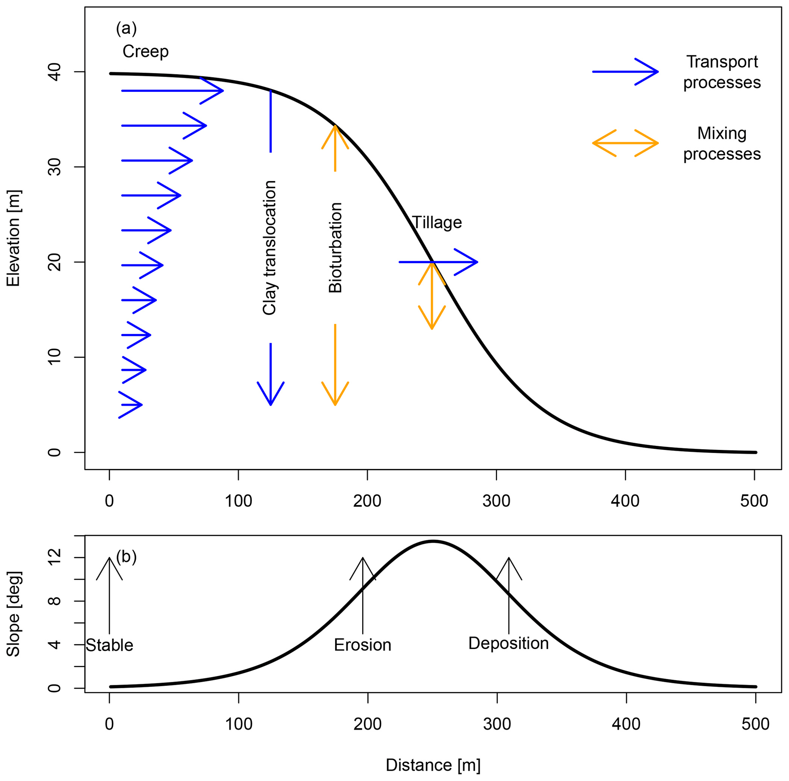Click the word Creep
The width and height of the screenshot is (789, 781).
(x=145, y=52)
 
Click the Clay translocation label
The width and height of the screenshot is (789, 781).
(x=269, y=247)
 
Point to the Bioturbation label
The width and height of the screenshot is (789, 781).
(x=335, y=247)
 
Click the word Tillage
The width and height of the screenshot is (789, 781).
(x=437, y=223)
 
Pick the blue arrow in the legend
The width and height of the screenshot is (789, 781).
(x=625, y=72)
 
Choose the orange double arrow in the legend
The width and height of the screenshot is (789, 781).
(x=625, y=143)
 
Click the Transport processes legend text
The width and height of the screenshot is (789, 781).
(x=721, y=72)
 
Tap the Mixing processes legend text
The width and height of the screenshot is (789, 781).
(x=721, y=144)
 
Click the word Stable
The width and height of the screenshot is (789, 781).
(x=110, y=646)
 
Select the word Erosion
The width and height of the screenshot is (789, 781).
(x=363, y=645)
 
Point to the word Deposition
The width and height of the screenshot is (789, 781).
(x=508, y=643)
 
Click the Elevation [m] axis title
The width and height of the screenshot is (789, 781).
(x=13, y=238)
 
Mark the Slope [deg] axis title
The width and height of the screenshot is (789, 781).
(x=13, y=614)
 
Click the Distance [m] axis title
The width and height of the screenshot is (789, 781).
(x=433, y=765)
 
